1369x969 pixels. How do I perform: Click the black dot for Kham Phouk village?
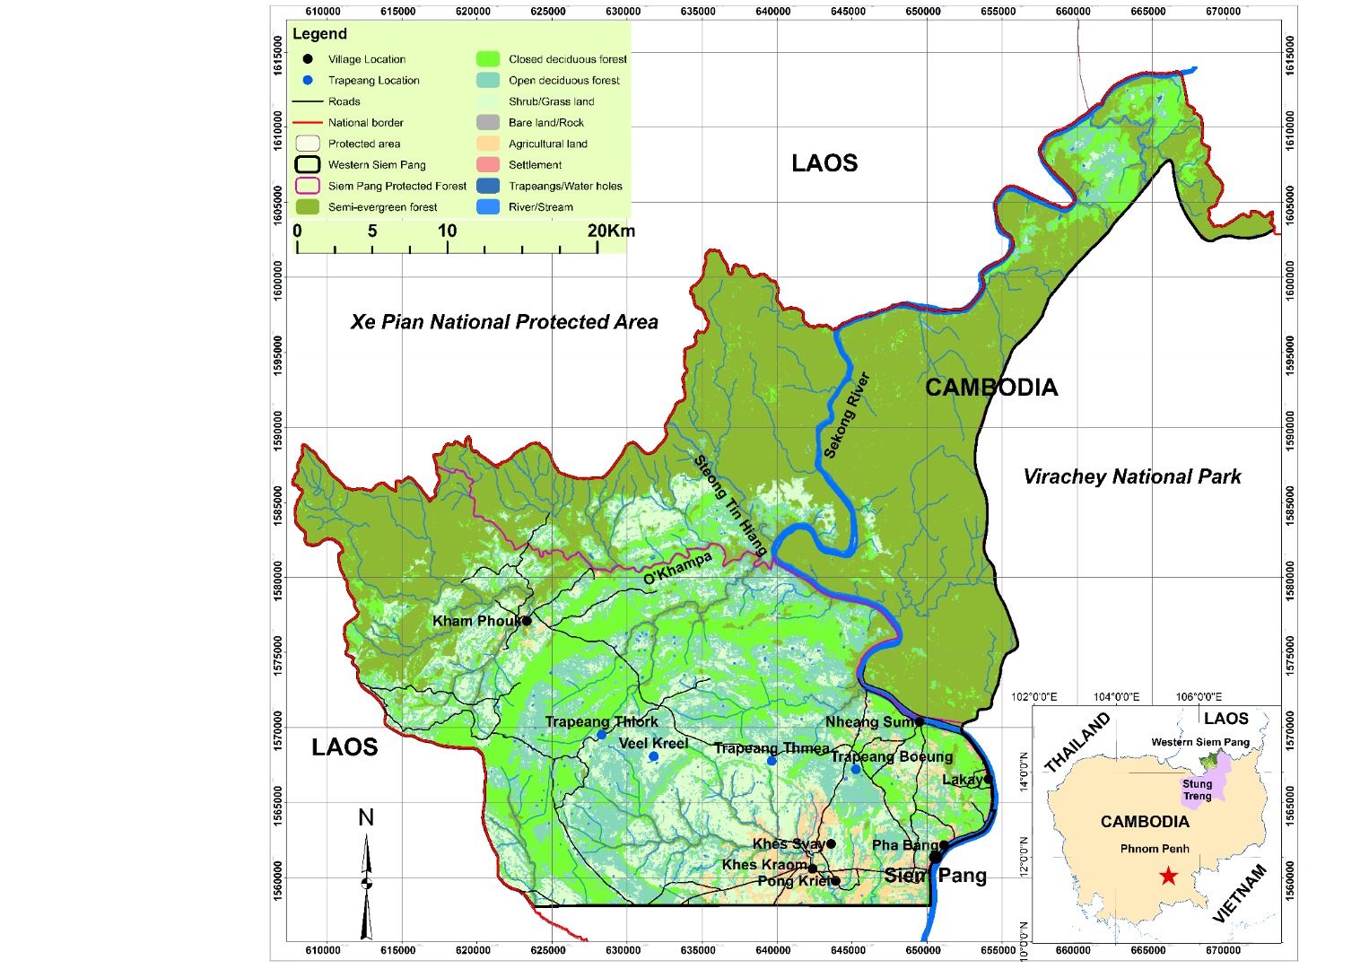coord(527,621)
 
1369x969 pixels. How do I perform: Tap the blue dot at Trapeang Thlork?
coord(601,735)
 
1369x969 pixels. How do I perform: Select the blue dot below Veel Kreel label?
coord(654,757)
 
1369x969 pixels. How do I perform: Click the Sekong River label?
coord(847,415)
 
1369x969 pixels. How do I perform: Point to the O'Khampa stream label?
coord(677,569)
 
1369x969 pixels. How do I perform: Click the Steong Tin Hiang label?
coord(730,504)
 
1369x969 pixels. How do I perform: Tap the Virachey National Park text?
coord(1132,477)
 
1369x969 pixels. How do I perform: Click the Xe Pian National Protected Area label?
coord(504,322)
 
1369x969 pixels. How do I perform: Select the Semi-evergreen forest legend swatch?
coord(308,207)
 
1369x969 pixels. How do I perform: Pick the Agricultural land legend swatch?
coord(488,144)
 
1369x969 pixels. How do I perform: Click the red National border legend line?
coord(308,123)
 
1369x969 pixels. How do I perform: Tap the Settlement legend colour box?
coord(488,165)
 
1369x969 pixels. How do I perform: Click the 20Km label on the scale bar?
coord(611,231)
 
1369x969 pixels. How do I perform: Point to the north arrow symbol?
coord(366,884)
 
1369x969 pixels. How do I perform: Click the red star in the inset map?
coord(1168,876)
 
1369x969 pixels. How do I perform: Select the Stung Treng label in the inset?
coord(1197,790)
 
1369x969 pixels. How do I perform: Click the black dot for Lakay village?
coord(988,779)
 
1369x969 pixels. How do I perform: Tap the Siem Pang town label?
coord(936,876)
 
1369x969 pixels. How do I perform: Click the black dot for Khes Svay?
coord(831,844)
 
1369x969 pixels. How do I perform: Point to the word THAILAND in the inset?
coord(1077,743)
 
